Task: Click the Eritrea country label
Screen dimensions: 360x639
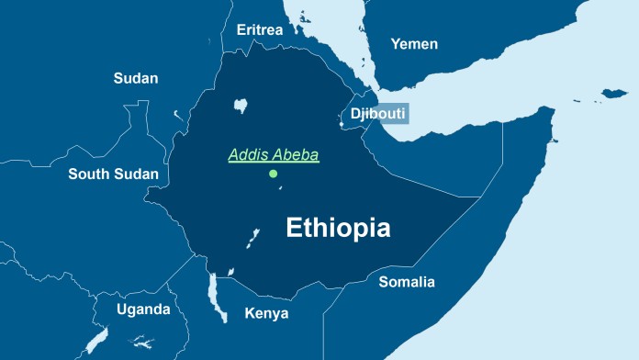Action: (260, 30)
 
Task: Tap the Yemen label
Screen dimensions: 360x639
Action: (414, 44)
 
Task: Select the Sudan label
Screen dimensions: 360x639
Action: (136, 78)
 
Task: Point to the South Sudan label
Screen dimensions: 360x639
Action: (114, 174)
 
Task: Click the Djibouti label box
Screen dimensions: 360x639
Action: (376, 114)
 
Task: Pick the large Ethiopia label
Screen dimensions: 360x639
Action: (339, 228)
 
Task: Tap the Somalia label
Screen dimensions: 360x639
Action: (407, 282)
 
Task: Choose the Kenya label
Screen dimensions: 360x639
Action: (266, 313)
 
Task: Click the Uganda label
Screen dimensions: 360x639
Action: (143, 309)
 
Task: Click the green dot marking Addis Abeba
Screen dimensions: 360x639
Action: (273, 174)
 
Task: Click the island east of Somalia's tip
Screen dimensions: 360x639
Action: (613, 93)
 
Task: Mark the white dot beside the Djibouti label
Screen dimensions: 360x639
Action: (341, 124)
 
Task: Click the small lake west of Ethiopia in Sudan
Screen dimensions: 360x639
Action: (176, 115)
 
